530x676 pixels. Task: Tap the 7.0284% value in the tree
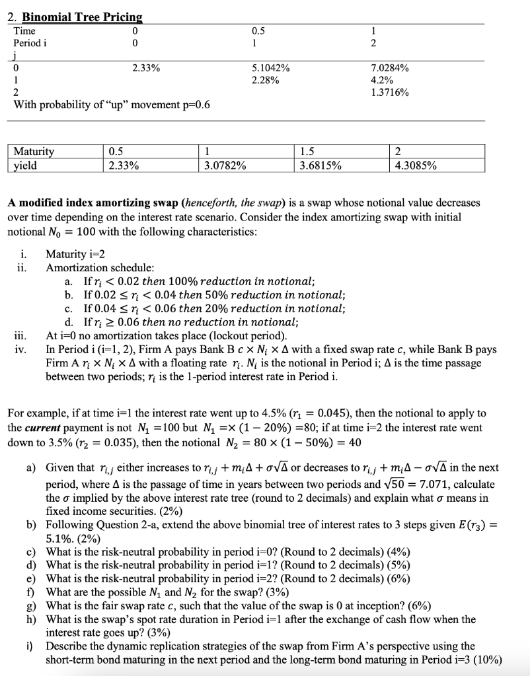(390, 67)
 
